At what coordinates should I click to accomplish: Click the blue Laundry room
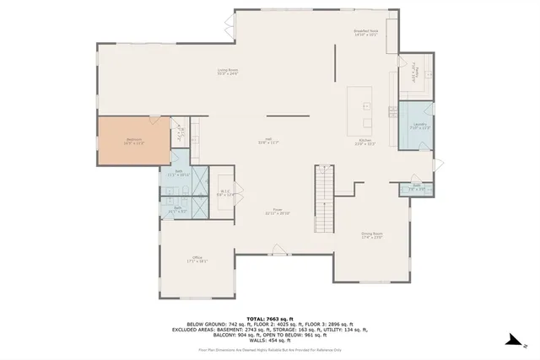pyautogui.click(x=415, y=126)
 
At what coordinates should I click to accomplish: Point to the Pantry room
pyautogui.click(x=414, y=74)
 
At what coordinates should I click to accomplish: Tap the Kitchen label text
pyautogui.click(x=366, y=141)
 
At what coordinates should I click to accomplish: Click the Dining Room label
pyautogui.click(x=372, y=235)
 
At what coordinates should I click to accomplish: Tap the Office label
pyautogui.click(x=198, y=260)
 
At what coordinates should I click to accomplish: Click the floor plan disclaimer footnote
pyautogui.click(x=270, y=347)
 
